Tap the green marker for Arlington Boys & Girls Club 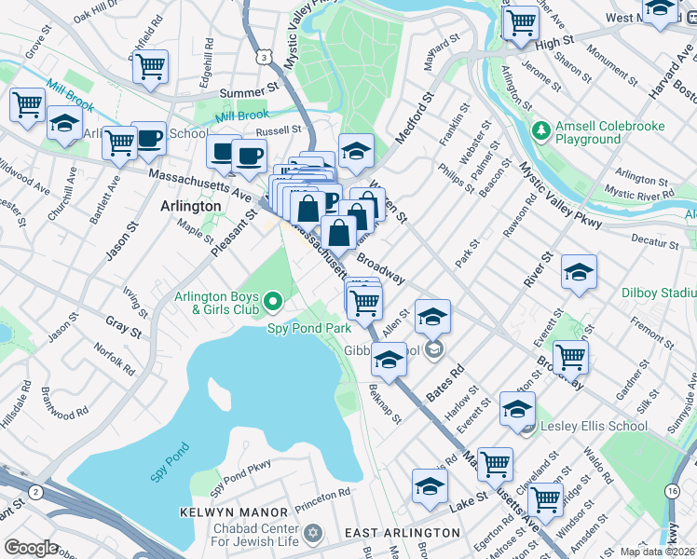click(x=272, y=301)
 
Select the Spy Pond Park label click(x=308, y=329)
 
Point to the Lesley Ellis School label click(x=595, y=427)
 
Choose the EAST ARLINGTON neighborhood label click(x=402, y=533)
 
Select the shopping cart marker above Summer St click(x=150, y=67)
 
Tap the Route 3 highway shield click(x=266, y=59)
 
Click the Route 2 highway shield click(x=34, y=491)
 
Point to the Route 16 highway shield click(x=672, y=490)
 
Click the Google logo click(x=32, y=547)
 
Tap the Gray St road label click(x=122, y=330)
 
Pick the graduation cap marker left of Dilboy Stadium click(x=579, y=273)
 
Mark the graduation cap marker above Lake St click(x=430, y=486)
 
